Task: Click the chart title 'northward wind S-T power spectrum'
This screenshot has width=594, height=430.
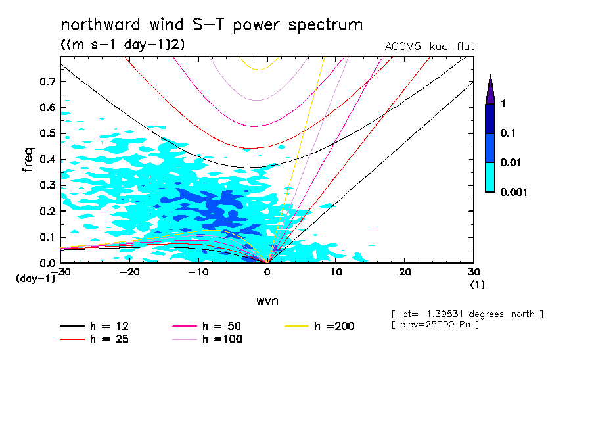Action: coord(211,25)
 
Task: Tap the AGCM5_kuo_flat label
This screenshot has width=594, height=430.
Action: coord(429,47)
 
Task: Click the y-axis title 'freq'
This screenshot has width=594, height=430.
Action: coord(28,160)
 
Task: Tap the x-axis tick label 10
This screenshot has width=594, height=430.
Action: coord(336,272)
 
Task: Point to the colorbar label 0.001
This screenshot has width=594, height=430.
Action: coord(514,192)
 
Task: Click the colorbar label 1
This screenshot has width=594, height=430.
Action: coord(503,104)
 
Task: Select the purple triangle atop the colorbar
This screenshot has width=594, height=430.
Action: coord(490,89)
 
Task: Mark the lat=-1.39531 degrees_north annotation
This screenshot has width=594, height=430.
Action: coord(467,314)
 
